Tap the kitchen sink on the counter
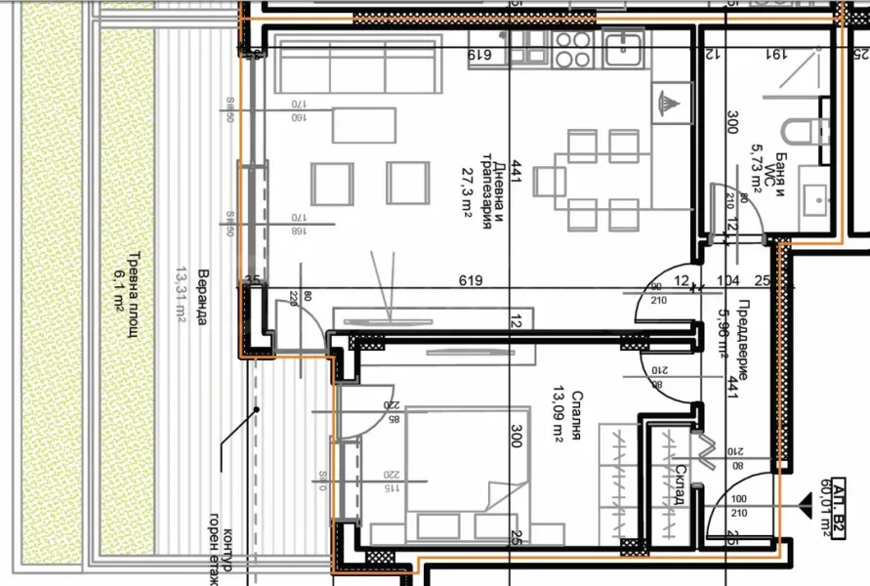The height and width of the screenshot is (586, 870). pyautogui.click(x=622, y=46)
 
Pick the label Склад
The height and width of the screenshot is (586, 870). pyautogui.click(x=679, y=486)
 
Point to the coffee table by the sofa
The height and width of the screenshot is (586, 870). pyautogui.click(x=364, y=125)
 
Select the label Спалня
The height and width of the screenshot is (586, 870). pyautogui.click(x=578, y=415)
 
